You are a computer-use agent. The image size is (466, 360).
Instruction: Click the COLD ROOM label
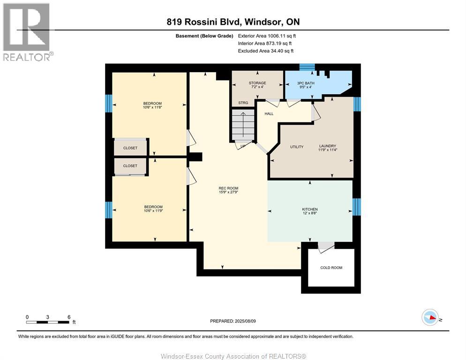331,268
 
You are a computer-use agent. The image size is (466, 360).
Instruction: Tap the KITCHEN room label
310,209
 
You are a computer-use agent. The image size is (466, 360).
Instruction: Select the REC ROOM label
228,188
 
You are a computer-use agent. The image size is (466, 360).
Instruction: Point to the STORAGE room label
257,83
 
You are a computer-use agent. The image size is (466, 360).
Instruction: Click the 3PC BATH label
306,83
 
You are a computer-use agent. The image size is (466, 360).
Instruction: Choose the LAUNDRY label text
328,146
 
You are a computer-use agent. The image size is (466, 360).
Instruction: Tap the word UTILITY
297,147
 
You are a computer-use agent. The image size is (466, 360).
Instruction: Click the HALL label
269,113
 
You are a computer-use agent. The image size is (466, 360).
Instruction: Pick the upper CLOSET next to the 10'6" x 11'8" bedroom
130,148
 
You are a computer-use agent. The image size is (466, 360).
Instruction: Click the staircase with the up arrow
243,125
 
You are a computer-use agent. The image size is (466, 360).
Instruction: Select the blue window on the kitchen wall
357,207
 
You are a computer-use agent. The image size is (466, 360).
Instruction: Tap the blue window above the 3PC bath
307,67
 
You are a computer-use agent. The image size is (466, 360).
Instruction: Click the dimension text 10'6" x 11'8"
152,107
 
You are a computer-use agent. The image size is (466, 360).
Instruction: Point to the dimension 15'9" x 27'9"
228,192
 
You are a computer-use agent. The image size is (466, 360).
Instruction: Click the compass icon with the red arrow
430,317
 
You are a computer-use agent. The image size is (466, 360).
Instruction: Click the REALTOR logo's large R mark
26,27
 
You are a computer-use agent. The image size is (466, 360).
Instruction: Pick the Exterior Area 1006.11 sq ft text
267,36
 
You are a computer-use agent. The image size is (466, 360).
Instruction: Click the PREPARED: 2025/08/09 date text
233,321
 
